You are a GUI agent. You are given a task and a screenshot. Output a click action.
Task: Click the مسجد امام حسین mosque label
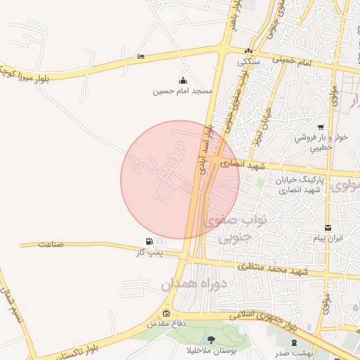coord(183,91)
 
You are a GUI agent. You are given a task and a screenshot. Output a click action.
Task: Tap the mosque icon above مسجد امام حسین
coord(184,79)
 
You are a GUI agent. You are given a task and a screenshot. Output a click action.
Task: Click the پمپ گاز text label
coord(150,253)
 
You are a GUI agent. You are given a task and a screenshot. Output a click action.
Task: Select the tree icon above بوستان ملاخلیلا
coord(211,340)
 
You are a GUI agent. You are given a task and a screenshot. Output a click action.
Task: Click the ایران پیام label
coord(328,239)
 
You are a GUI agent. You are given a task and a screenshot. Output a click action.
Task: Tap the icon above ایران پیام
coord(328,228)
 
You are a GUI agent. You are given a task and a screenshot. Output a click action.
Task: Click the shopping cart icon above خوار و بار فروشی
coord(321,127)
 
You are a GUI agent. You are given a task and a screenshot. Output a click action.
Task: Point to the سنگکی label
coord(247,61)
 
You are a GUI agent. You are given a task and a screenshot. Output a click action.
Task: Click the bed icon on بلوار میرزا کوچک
coord(141,56)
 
